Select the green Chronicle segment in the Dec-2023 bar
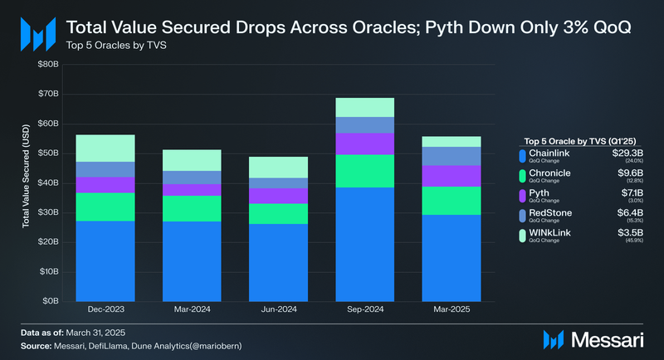click(x=105, y=207)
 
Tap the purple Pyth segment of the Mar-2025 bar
click(x=452, y=176)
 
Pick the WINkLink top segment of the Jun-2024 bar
click(x=278, y=167)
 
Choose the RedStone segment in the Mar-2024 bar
click(x=192, y=178)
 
